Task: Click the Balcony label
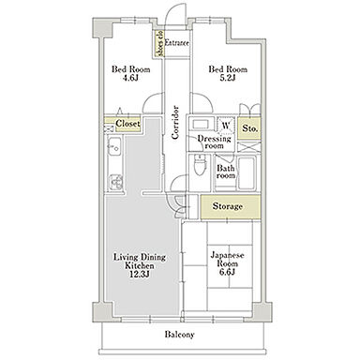[x=179, y=335]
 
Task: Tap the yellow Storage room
[x=231, y=206]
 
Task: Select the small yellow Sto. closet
[x=248, y=128]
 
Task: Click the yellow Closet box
[x=123, y=124]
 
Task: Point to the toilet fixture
[x=199, y=165]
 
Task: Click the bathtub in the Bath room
[x=247, y=172]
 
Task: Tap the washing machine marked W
[x=226, y=126]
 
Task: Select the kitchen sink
[x=114, y=146]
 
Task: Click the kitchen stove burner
[x=115, y=182]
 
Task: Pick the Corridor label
[x=175, y=122]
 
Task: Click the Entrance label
[x=176, y=43]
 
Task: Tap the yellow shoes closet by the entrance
[x=159, y=43]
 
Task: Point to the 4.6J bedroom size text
[x=130, y=78]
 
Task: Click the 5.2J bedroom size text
[x=228, y=78]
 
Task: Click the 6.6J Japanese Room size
[x=227, y=272]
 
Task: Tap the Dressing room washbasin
[x=201, y=124]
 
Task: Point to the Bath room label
[x=226, y=172]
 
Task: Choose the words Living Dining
[x=140, y=258]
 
